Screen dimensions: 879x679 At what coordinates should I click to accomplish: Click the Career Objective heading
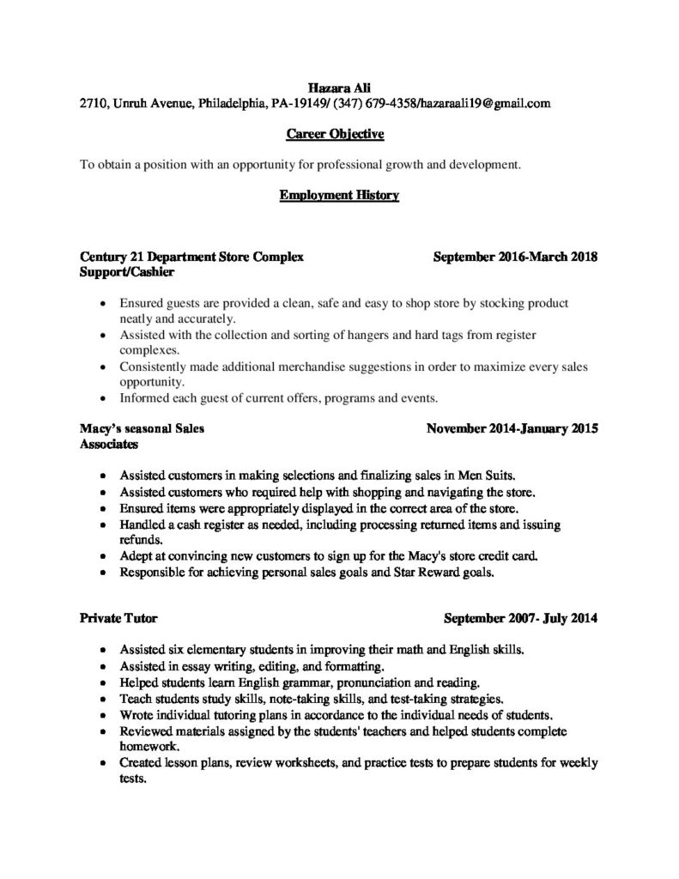click(335, 135)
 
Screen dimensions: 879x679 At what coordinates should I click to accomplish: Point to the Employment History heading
click(339, 196)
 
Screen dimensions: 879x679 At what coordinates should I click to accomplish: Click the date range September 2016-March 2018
click(515, 257)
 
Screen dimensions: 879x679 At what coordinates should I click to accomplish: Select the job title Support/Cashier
click(127, 272)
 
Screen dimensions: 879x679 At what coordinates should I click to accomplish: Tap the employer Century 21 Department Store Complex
click(191, 257)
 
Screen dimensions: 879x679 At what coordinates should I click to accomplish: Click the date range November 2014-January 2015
click(512, 428)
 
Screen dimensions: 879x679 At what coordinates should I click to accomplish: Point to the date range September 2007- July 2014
click(521, 618)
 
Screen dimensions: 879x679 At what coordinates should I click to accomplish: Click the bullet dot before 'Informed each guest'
click(103, 398)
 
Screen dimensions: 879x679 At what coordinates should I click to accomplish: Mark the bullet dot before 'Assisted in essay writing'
click(103, 666)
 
